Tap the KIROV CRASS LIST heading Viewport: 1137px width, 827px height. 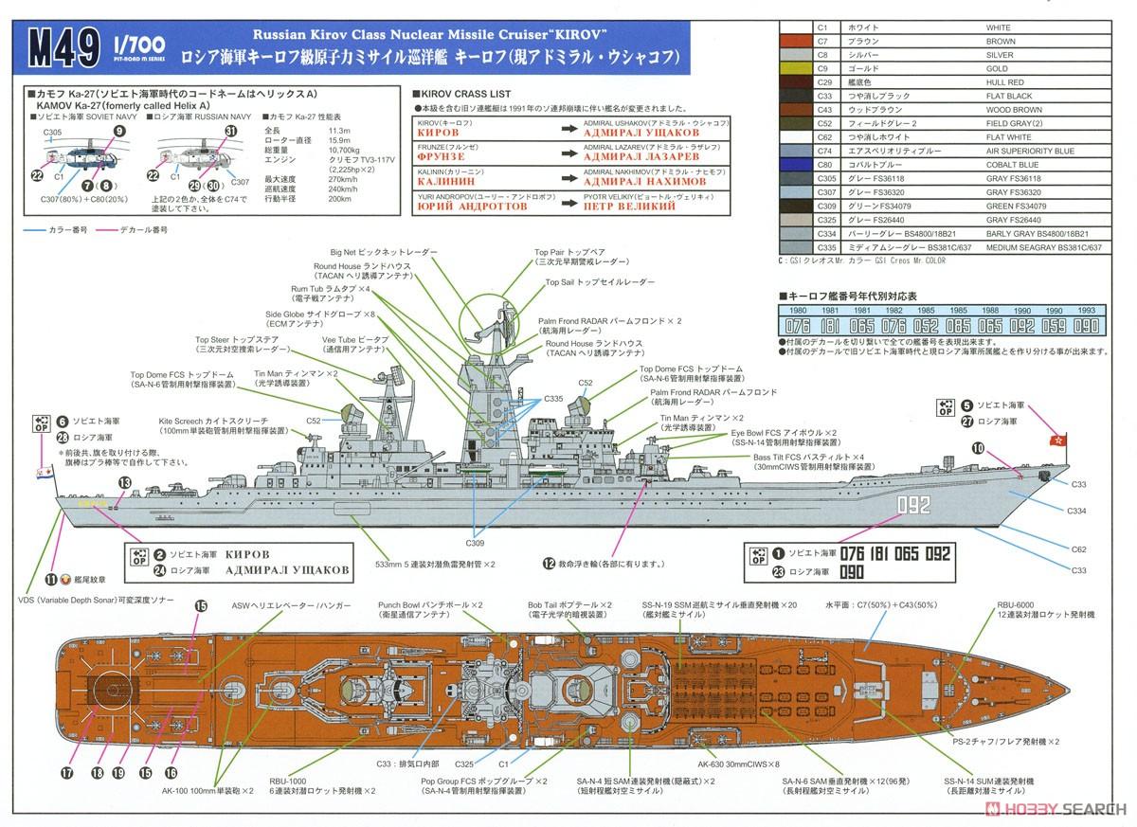pyautogui.click(x=463, y=95)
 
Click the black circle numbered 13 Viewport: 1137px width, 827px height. pyautogui.click(x=123, y=482)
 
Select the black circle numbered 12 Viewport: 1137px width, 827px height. pyautogui.click(x=548, y=563)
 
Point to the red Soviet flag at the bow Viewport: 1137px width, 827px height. pyautogui.click(x=1053, y=440)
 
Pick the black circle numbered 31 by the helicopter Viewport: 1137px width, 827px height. pyautogui.click(x=229, y=132)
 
